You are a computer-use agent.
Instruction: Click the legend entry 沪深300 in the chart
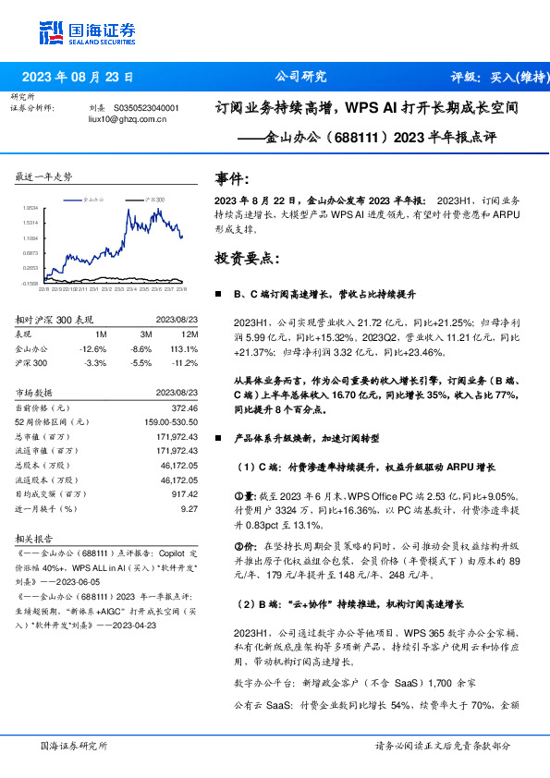(x=154, y=199)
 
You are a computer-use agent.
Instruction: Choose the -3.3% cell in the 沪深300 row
(x=96, y=364)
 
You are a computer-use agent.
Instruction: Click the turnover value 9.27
(x=190, y=508)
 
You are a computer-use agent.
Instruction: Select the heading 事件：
(x=232, y=178)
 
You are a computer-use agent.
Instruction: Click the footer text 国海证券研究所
(x=75, y=746)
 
